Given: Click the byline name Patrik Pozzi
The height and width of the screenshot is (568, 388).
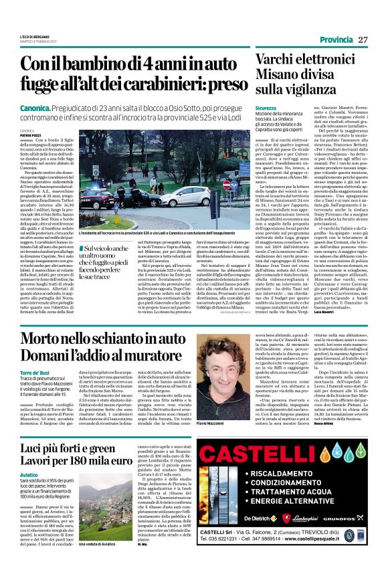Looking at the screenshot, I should pyautogui.click(x=29, y=136).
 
